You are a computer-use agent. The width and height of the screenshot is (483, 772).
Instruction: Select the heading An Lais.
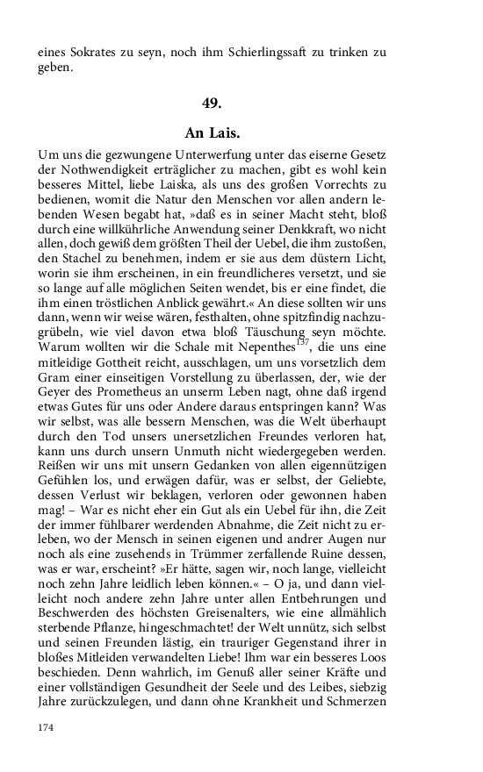pos(213,133)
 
